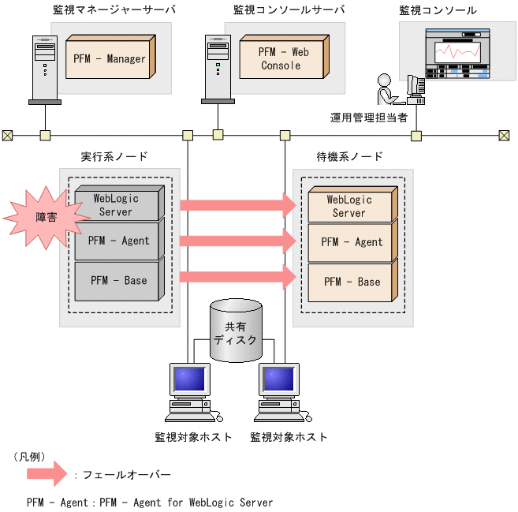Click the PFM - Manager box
[x=110, y=58]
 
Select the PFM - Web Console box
[x=281, y=58]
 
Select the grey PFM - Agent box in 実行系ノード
[x=119, y=241]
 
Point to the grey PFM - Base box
[x=119, y=280]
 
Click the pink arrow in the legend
[x=47, y=474]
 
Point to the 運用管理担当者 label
[x=368, y=118]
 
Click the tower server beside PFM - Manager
[x=45, y=69]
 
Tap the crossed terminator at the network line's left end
[x=7, y=135]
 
